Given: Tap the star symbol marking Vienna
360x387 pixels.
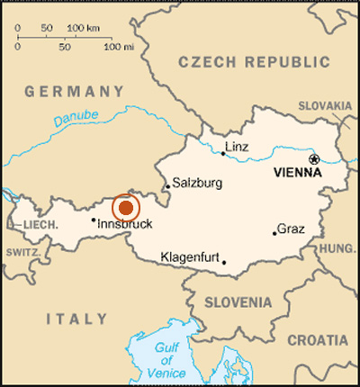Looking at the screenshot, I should [314, 159].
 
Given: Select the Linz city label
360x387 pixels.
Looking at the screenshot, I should [238, 147].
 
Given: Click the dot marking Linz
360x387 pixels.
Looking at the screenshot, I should [223, 153].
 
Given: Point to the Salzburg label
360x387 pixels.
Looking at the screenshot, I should [197, 181].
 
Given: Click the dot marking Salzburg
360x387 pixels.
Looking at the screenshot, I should [167, 188].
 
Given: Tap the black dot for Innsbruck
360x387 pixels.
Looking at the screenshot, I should [94, 219].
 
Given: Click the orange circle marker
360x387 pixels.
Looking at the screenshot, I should [126, 207].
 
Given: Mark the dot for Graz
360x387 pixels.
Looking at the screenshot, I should [274, 233].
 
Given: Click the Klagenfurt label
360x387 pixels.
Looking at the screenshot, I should [190, 257].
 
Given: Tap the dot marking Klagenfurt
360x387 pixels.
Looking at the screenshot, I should [223, 263].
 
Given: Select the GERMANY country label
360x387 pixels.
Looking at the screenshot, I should [74, 91].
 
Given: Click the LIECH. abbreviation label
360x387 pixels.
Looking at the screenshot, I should [39, 223].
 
